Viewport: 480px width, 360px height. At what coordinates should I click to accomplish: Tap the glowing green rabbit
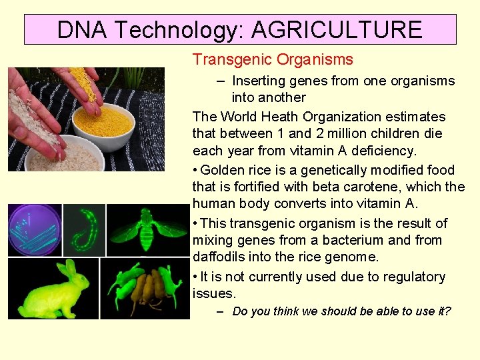tap(53, 291)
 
